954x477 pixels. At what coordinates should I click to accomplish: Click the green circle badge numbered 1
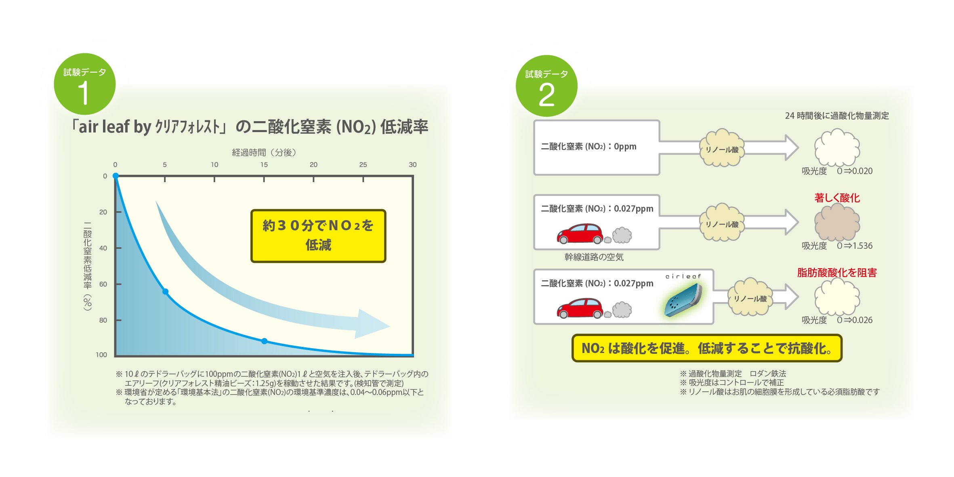[x=84, y=84]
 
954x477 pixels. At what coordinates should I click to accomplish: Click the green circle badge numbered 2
[x=546, y=86]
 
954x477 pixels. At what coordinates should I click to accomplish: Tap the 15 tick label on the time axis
[x=264, y=165]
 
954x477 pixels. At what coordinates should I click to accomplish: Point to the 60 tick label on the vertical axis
[x=103, y=284]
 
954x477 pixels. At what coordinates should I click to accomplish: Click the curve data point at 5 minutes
[x=165, y=292]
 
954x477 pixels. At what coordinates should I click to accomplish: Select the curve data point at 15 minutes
[x=264, y=341]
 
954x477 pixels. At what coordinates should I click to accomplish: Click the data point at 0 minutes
[x=116, y=176]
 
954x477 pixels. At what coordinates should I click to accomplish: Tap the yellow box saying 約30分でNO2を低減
[x=318, y=236]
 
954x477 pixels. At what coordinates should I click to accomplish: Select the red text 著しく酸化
[x=837, y=198]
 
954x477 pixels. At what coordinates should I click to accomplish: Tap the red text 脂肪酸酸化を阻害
[x=837, y=273]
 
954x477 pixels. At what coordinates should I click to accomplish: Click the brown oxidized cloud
[x=837, y=223]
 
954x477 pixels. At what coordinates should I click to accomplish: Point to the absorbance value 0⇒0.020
[x=855, y=171]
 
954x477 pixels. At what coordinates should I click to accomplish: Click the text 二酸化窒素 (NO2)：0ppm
[x=588, y=147]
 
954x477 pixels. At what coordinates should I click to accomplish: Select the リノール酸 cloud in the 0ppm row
[x=722, y=149]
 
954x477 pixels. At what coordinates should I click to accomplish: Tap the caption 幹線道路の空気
[x=594, y=257]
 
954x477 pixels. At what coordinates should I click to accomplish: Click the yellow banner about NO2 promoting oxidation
[x=707, y=348]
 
